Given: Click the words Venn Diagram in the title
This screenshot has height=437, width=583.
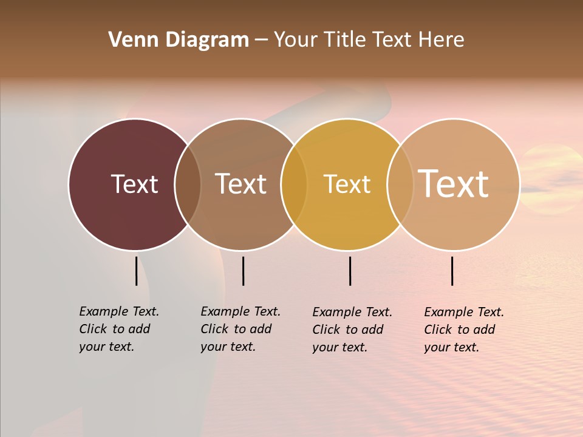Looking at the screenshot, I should point(179,40).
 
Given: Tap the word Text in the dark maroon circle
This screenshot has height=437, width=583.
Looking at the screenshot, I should point(134,184).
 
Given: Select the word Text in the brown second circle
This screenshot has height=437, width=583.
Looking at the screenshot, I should point(241,184).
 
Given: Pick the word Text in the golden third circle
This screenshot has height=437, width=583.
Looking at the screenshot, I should point(347,184).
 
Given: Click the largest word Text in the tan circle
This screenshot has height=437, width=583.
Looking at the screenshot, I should point(454,183).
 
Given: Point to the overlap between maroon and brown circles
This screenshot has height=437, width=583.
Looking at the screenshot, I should point(188,184).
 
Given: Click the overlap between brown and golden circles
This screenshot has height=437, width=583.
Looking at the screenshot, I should point(294,184).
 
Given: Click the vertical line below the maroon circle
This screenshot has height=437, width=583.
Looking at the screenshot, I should point(136,271).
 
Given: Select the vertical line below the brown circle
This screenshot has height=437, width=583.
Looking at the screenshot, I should point(243,271).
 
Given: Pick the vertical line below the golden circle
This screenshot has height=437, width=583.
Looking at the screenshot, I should point(350,271).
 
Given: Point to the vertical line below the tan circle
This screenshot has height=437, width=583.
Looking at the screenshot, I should point(452,271).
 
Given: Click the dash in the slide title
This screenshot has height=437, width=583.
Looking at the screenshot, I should point(261,40).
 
